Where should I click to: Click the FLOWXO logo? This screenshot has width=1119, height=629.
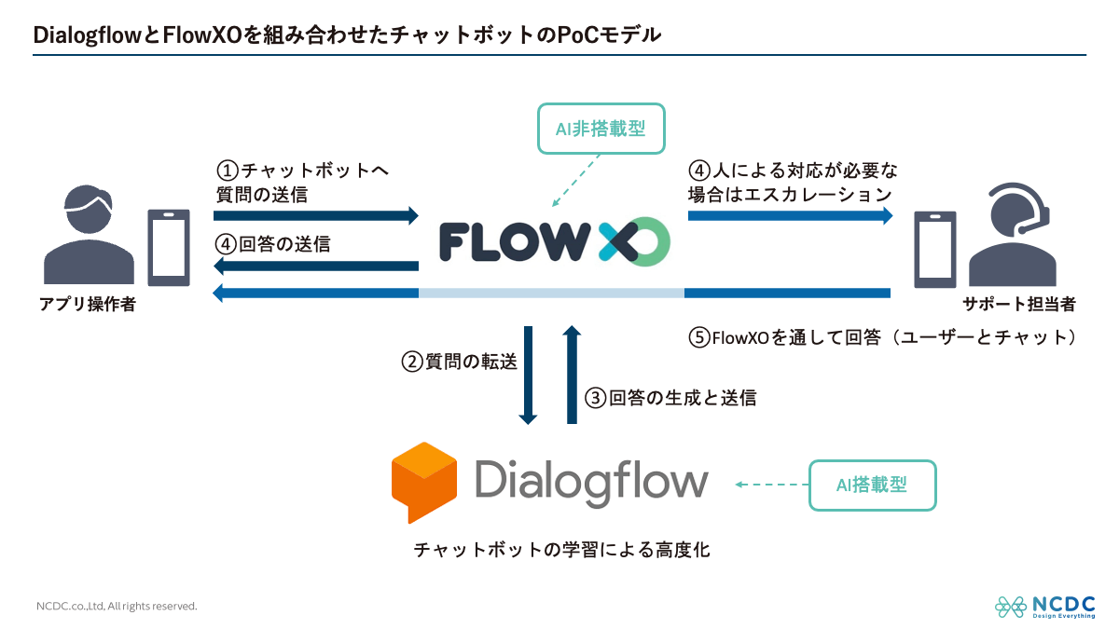(x=554, y=242)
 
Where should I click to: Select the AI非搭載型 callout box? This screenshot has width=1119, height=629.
(x=601, y=129)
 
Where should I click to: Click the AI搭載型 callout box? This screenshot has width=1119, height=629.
(x=872, y=485)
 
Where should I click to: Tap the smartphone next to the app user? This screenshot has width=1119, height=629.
(x=169, y=246)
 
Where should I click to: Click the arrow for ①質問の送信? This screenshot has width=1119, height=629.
(x=317, y=216)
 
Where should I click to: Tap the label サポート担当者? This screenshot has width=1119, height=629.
(x=1019, y=304)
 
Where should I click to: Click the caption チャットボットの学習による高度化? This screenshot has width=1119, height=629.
(x=561, y=550)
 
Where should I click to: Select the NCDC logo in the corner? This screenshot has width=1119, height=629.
(x=1044, y=606)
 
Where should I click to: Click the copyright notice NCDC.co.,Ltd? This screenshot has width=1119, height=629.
(x=117, y=606)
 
